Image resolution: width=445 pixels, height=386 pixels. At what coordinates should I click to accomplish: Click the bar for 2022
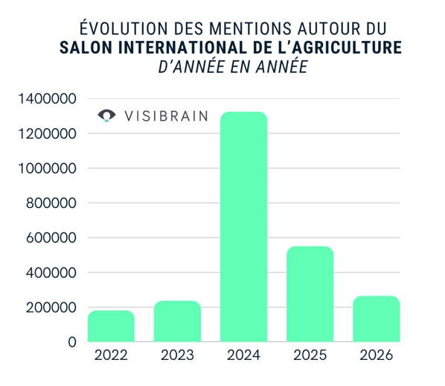(111, 326)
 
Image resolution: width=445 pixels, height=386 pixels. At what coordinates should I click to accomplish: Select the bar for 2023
(177, 321)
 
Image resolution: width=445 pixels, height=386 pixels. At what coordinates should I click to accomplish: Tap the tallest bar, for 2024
(243, 227)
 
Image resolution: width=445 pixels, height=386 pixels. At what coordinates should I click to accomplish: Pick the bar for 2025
(310, 294)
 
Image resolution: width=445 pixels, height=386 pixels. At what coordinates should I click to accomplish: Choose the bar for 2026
(376, 318)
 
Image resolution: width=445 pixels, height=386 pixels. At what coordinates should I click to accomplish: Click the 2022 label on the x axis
(111, 355)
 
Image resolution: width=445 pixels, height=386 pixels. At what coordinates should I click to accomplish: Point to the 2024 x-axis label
(243, 355)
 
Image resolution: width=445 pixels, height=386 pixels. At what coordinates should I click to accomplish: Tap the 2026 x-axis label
(376, 355)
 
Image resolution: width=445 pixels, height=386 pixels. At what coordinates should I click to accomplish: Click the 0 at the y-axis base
(71, 342)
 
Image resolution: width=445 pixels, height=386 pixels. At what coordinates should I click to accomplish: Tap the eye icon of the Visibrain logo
(108, 116)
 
